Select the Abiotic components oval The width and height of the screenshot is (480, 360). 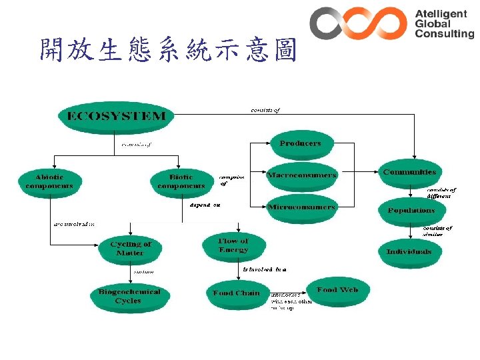(49, 182)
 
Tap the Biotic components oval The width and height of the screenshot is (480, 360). (181, 182)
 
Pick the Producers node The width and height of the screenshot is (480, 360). (300, 143)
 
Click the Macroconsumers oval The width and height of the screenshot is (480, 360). (302, 175)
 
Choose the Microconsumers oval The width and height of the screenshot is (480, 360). (302, 207)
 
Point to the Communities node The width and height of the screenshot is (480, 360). (409, 172)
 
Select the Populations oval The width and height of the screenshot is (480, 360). (411, 211)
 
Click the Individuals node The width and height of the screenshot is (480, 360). (409, 252)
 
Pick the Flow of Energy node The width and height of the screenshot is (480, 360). (233, 245)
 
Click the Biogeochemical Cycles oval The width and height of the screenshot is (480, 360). (129, 297)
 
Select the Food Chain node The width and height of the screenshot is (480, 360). (236, 293)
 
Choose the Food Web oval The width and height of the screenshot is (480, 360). (337, 291)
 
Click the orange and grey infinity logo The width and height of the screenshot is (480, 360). (358, 23)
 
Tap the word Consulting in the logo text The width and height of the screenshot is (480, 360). (444, 34)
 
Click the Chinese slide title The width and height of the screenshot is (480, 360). (167, 49)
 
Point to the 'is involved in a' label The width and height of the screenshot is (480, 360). (265, 270)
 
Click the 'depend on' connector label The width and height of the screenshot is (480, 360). (205, 205)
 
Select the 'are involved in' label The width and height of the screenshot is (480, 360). (74, 224)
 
